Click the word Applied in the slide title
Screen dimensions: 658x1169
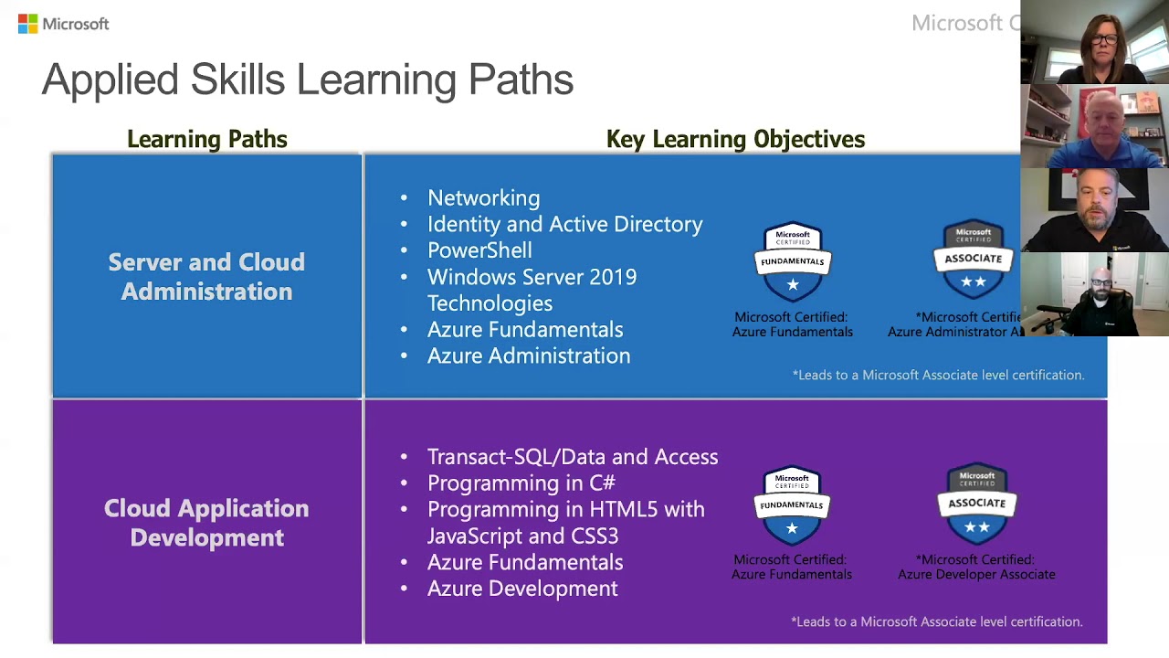pos(110,80)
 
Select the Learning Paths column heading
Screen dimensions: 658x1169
pos(206,139)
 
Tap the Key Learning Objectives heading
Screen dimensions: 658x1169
pos(735,139)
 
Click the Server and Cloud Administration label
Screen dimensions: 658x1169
pos(206,277)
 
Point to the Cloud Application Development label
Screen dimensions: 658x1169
pos(206,523)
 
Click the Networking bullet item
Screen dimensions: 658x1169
pos(483,198)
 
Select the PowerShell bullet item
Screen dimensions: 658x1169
pos(479,250)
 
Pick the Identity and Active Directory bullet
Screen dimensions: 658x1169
pos(564,225)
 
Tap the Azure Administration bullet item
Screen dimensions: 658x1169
pos(528,356)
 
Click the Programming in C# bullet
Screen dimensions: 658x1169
pos(521,483)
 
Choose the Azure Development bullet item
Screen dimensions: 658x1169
pos(522,589)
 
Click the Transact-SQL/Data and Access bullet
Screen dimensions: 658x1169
pos(572,457)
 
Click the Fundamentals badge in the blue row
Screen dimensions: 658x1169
pos(793,261)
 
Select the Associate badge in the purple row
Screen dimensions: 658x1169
pos(976,504)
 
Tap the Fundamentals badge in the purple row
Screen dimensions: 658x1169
pos(792,505)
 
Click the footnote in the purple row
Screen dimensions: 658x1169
pos(936,621)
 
